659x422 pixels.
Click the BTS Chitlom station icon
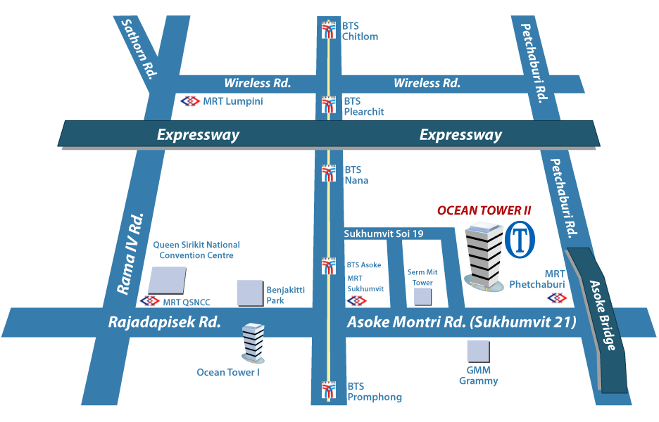coord(328,30)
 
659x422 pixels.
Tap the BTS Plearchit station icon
coord(328,105)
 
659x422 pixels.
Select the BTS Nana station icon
coord(328,174)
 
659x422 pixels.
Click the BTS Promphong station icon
coord(328,390)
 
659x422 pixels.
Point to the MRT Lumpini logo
coord(190,101)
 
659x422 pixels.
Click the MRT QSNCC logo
coord(150,302)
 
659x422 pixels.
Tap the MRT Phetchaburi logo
coord(557,298)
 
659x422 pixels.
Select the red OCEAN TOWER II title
coord(484,210)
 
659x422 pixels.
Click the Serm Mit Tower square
coord(422,296)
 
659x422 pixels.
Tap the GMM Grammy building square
coord(479,351)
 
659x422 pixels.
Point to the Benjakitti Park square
coord(250,293)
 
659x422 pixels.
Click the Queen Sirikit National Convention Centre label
coord(196,250)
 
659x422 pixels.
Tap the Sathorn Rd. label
coord(137,47)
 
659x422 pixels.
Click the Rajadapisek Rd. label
coord(165,323)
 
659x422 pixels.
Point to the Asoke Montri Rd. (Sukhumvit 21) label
coord(462,323)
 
